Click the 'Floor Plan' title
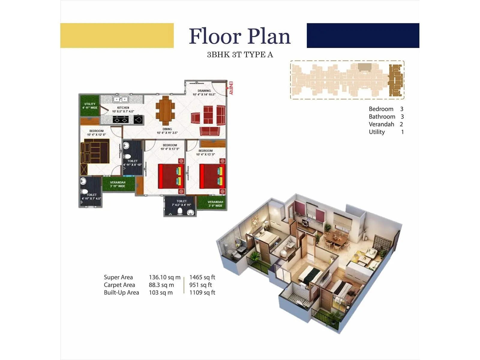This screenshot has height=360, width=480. tap(240, 36)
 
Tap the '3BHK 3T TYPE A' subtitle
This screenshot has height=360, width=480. tap(240, 55)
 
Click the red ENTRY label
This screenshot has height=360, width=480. tap(230, 88)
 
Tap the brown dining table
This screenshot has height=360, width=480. tap(165, 110)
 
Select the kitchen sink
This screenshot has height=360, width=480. tap(121, 99)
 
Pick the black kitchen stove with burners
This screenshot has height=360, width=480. tap(121, 120)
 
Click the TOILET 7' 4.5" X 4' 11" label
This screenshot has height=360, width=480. tap(181, 203)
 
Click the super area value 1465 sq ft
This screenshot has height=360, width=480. tap(202, 277)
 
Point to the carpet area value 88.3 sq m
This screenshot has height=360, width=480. tap(161, 285)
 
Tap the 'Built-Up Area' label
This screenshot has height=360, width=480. tap(121, 292)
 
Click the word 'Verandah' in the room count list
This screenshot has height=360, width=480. tap(381, 124)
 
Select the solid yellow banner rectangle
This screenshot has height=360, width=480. tap(117, 35)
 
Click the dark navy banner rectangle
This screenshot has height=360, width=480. tap(363, 35)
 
